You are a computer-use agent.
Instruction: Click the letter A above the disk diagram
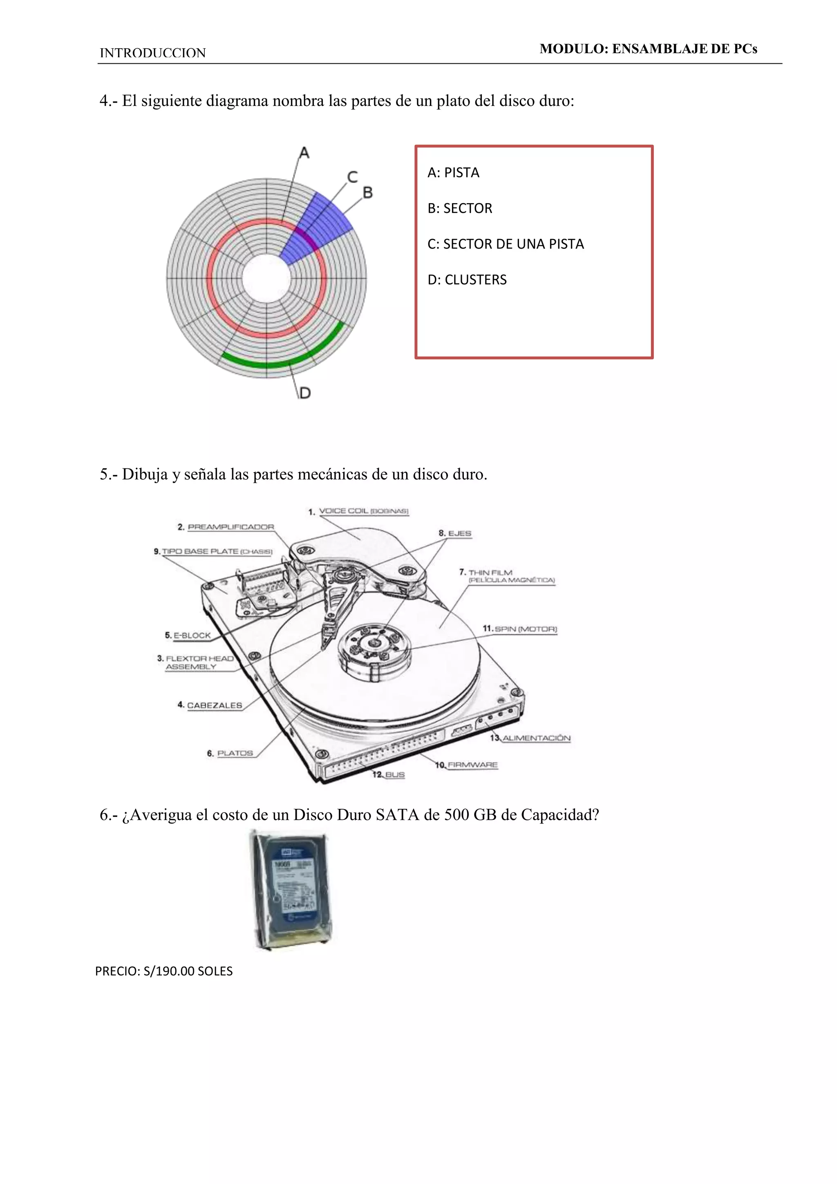(x=304, y=153)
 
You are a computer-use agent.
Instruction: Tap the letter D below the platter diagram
(x=305, y=393)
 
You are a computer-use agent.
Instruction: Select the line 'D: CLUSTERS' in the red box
(x=467, y=280)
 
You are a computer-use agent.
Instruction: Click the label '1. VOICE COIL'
(x=358, y=511)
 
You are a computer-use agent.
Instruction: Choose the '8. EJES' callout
(x=455, y=533)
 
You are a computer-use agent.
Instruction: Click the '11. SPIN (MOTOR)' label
(x=520, y=629)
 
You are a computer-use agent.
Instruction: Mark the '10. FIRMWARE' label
(x=467, y=765)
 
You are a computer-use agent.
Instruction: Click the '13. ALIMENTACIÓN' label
(x=530, y=739)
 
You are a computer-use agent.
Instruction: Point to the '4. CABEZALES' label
(x=210, y=705)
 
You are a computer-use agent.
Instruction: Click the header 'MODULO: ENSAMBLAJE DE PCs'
(x=648, y=49)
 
